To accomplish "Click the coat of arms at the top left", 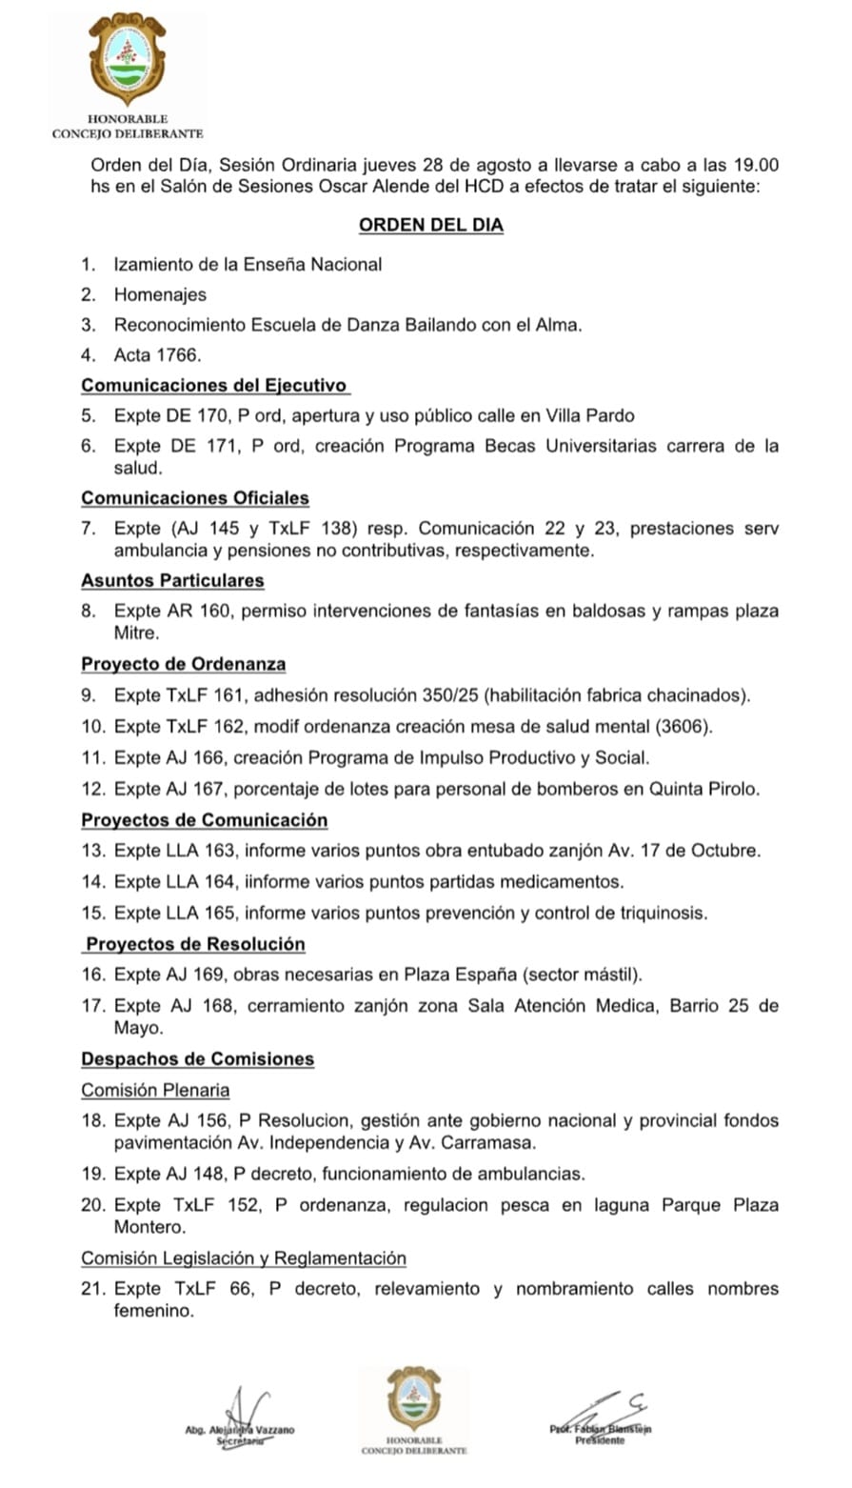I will [127, 58].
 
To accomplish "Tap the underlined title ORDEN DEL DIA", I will [430, 226].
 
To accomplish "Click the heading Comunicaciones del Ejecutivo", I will [214, 386].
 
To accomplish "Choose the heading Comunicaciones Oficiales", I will [195, 498].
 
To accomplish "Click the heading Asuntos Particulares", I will [172, 580].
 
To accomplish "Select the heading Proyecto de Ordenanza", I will [183, 664].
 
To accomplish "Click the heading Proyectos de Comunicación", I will [204, 820].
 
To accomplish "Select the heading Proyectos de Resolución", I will [195, 944].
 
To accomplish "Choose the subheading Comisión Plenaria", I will [155, 1090].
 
